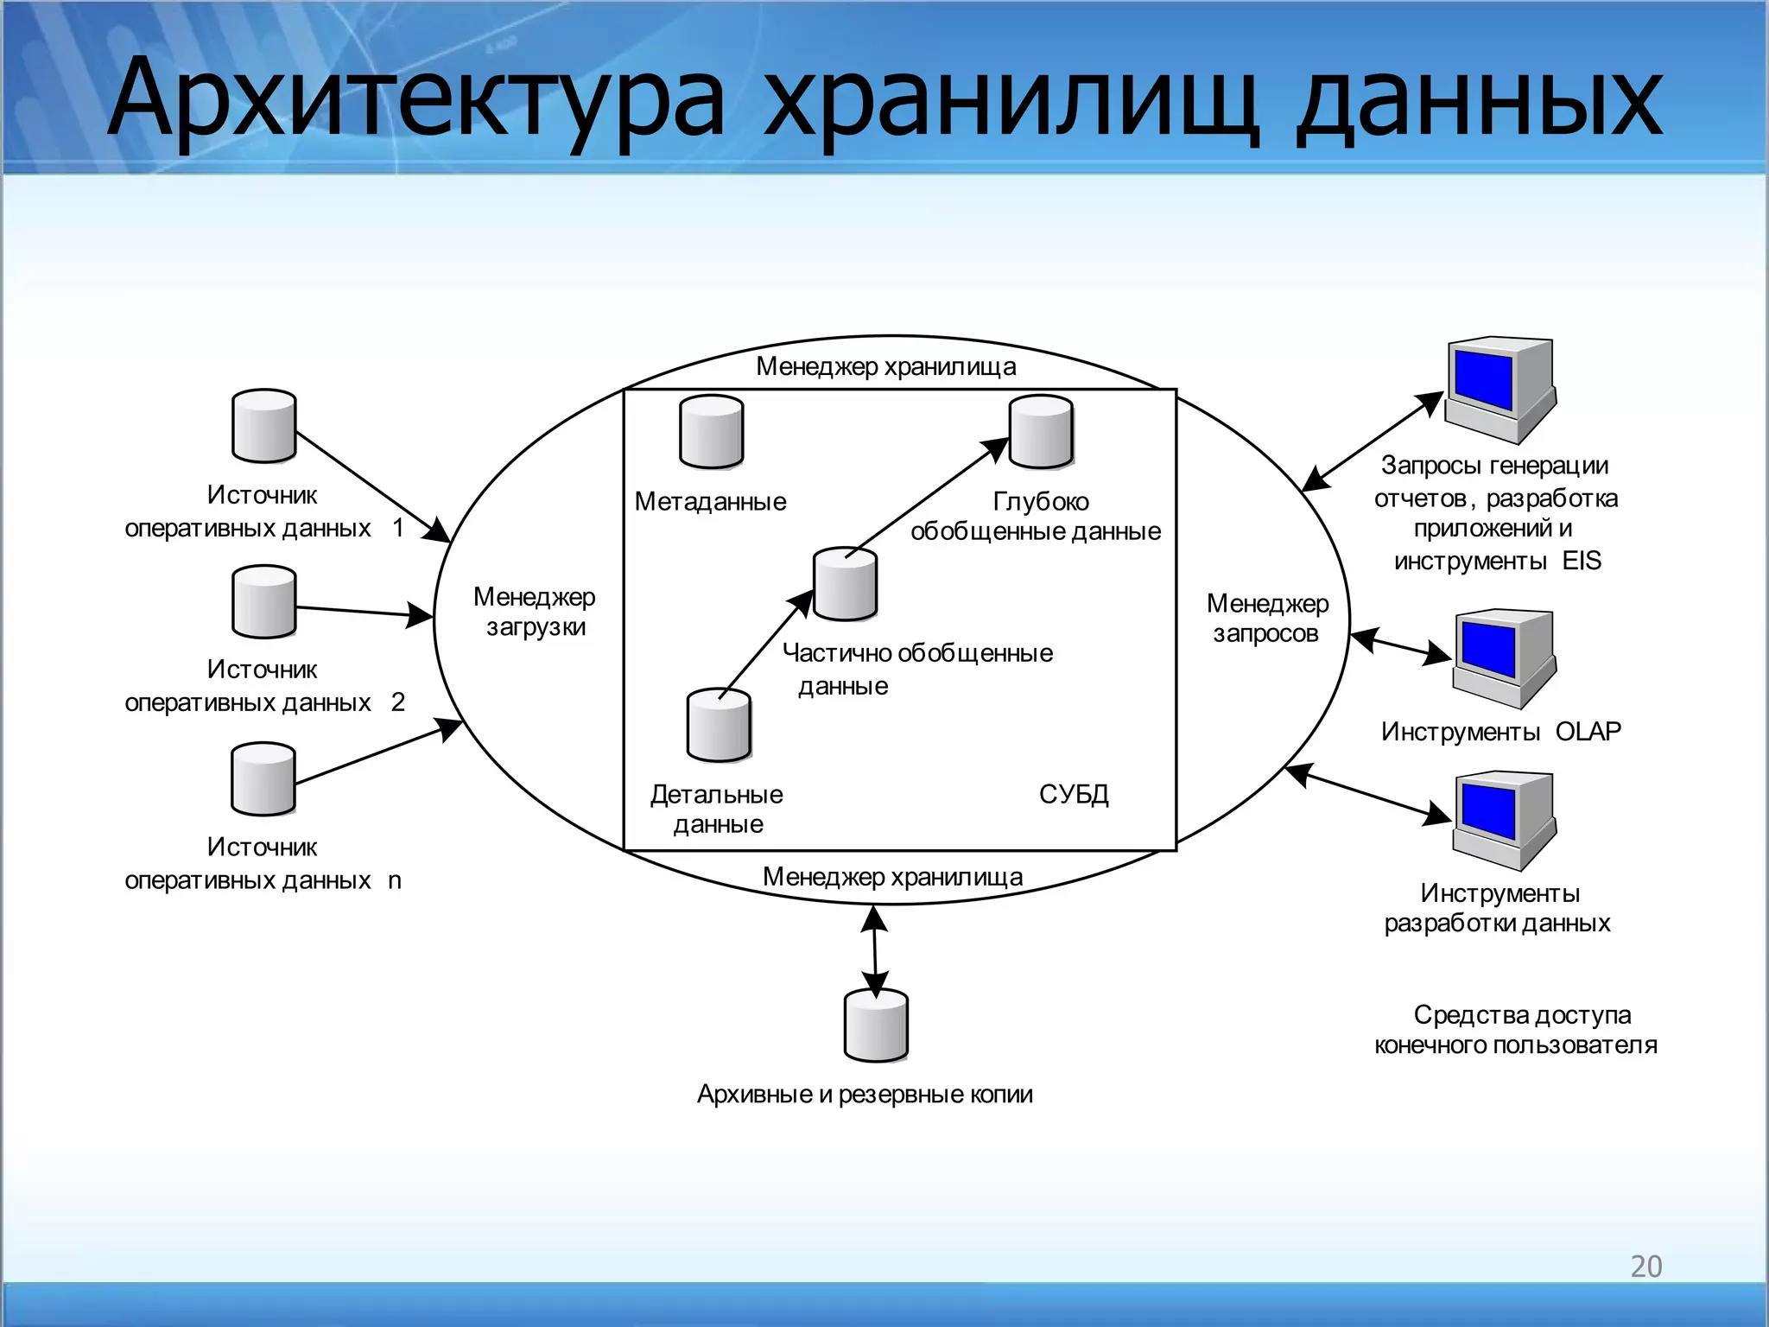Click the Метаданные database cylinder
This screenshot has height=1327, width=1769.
coord(711,432)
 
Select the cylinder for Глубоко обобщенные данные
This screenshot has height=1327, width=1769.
coord(1041,432)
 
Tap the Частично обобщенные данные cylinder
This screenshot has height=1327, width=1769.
coord(845,584)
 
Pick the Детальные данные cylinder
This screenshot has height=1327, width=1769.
coord(719,726)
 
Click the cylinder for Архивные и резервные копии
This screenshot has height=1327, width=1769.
coord(876,1025)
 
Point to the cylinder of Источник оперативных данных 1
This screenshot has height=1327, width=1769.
coord(264,426)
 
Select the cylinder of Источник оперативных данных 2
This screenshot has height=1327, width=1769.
coord(264,602)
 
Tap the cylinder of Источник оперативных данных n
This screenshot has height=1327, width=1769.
coord(263,779)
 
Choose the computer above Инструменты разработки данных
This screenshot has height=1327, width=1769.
coord(1504,820)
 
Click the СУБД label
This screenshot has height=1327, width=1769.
coord(1074,794)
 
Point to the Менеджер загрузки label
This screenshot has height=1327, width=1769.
coord(535,612)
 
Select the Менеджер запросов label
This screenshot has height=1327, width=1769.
coord(1267,619)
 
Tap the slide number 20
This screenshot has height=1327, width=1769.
coord(1645,1267)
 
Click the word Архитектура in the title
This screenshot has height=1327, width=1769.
coord(415,99)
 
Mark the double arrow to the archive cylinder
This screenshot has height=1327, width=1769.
coord(875,950)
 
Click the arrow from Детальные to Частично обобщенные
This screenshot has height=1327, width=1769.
coord(765,644)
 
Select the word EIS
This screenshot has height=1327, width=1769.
coord(1582,561)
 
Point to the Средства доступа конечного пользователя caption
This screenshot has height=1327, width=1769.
coord(1517,1030)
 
